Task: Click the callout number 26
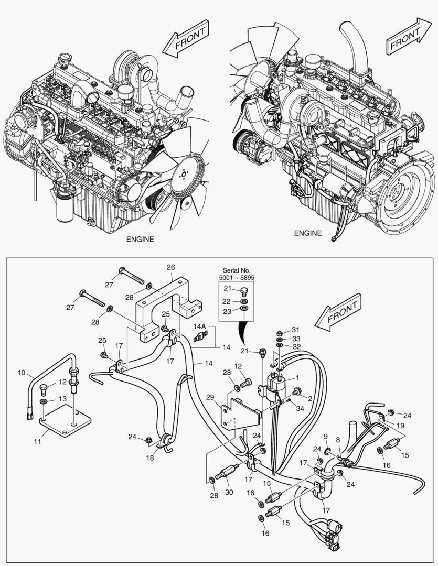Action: [170, 268]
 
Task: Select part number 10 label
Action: [22, 373]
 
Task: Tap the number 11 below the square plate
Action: [37, 442]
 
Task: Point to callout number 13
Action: [62, 399]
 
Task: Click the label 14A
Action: [200, 326]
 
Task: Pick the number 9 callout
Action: [326, 436]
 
